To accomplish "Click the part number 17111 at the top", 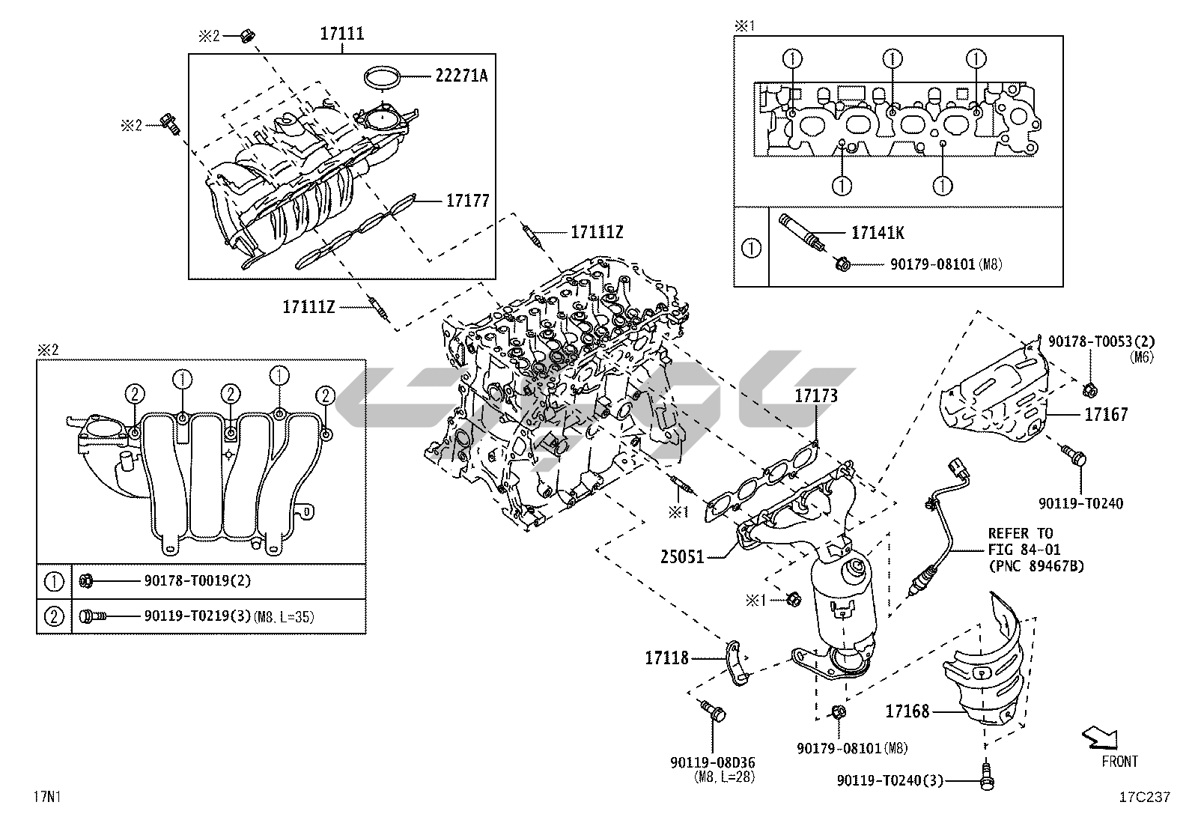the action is coord(341,34).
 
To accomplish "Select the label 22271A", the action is coord(460,76).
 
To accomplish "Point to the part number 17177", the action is coord(467,201).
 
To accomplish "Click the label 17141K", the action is coord(878,233).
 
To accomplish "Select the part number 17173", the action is coord(816,395).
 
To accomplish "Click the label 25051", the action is coord(681,557).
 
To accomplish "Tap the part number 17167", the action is coord(1106,414).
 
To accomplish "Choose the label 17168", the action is coord(907,711).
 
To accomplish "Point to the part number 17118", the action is coord(666,658).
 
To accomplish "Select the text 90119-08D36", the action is coord(713,763).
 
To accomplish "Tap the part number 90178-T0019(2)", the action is coord(198,581).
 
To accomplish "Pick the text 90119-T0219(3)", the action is coord(198,616).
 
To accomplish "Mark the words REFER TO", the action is coord(1020,533).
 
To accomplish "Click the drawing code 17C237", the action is coord(1145,796).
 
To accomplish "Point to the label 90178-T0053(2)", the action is coord(1101,341).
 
